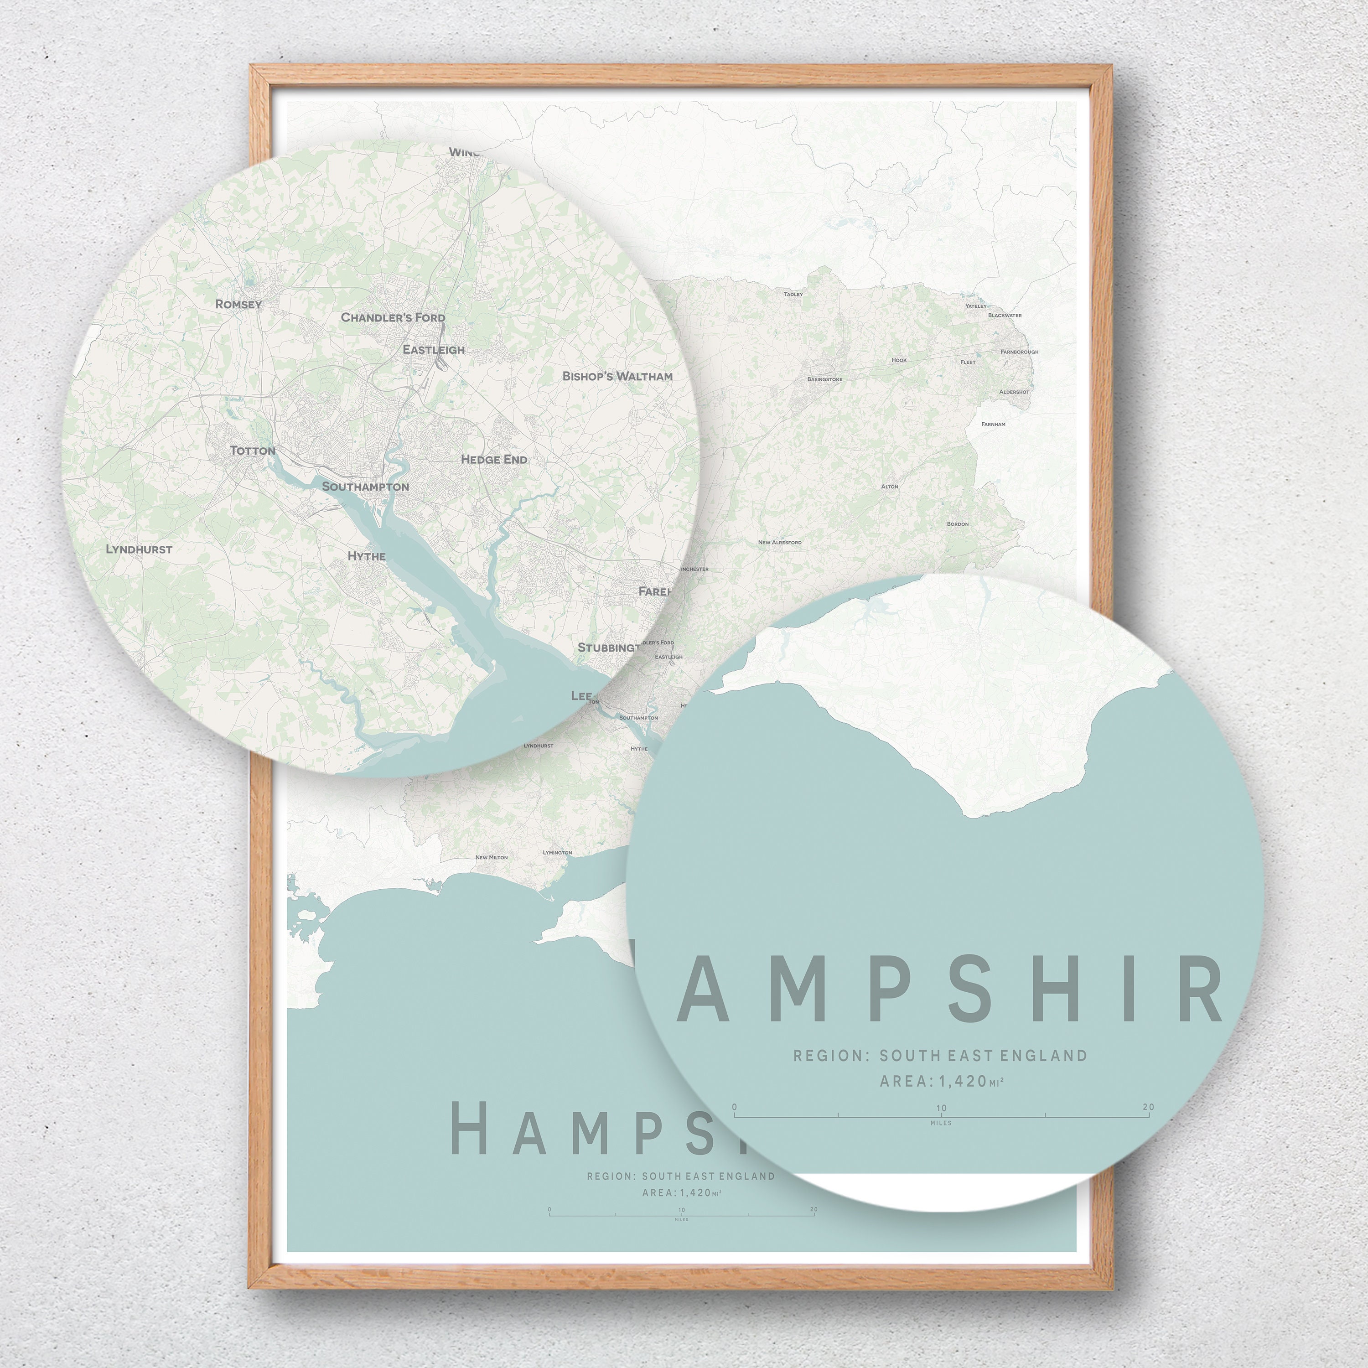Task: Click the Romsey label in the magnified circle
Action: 238,305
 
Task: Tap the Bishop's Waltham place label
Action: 617,376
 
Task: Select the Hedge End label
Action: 494,460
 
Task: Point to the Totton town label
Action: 253,451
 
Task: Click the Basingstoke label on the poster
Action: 825,379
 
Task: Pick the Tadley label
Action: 793,294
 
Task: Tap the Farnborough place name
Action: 1019,352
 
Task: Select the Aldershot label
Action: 1014,392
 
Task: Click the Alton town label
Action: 889,487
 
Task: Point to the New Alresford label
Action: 780,542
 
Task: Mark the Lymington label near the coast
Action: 557,853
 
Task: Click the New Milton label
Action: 492,857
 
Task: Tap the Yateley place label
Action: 976,306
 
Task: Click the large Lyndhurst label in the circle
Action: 139,549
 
